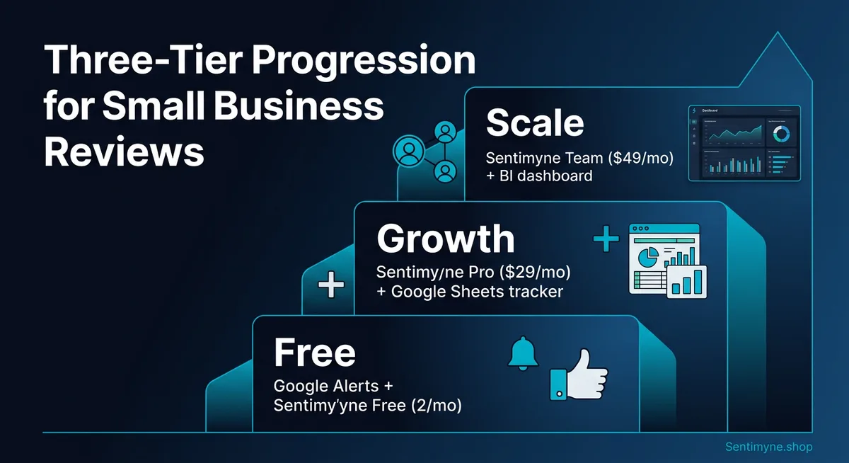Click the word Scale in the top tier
535,123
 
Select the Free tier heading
314,352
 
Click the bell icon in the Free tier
523,353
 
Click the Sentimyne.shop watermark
769,447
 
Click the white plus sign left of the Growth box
330,286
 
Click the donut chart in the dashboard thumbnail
781,133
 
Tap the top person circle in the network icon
445,132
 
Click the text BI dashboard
546,176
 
